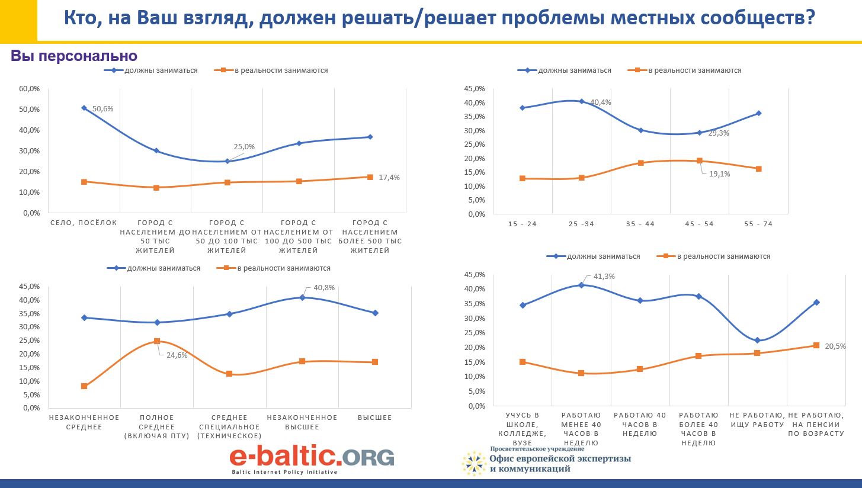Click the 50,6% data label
[x=102, y=109]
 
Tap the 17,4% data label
[x=390, y=177]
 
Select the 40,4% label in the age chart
[x=601, y=102]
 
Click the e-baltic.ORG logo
[x=312, y=458]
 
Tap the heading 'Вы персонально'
[x=74, y=56]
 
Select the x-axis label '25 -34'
[x=581, y=224]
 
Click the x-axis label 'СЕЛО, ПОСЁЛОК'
[x=84, y=223]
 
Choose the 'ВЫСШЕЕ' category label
[x=375, y=418]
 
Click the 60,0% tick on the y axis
[x=29, y=89]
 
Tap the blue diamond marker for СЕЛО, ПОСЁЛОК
[x=84, y=108]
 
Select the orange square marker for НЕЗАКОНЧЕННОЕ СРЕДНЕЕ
[x=84, y=386]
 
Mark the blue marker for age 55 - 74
[x=758, y=113]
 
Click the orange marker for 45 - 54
[x=700, y=160]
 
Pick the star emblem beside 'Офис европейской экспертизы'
[x=474, y=463]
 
